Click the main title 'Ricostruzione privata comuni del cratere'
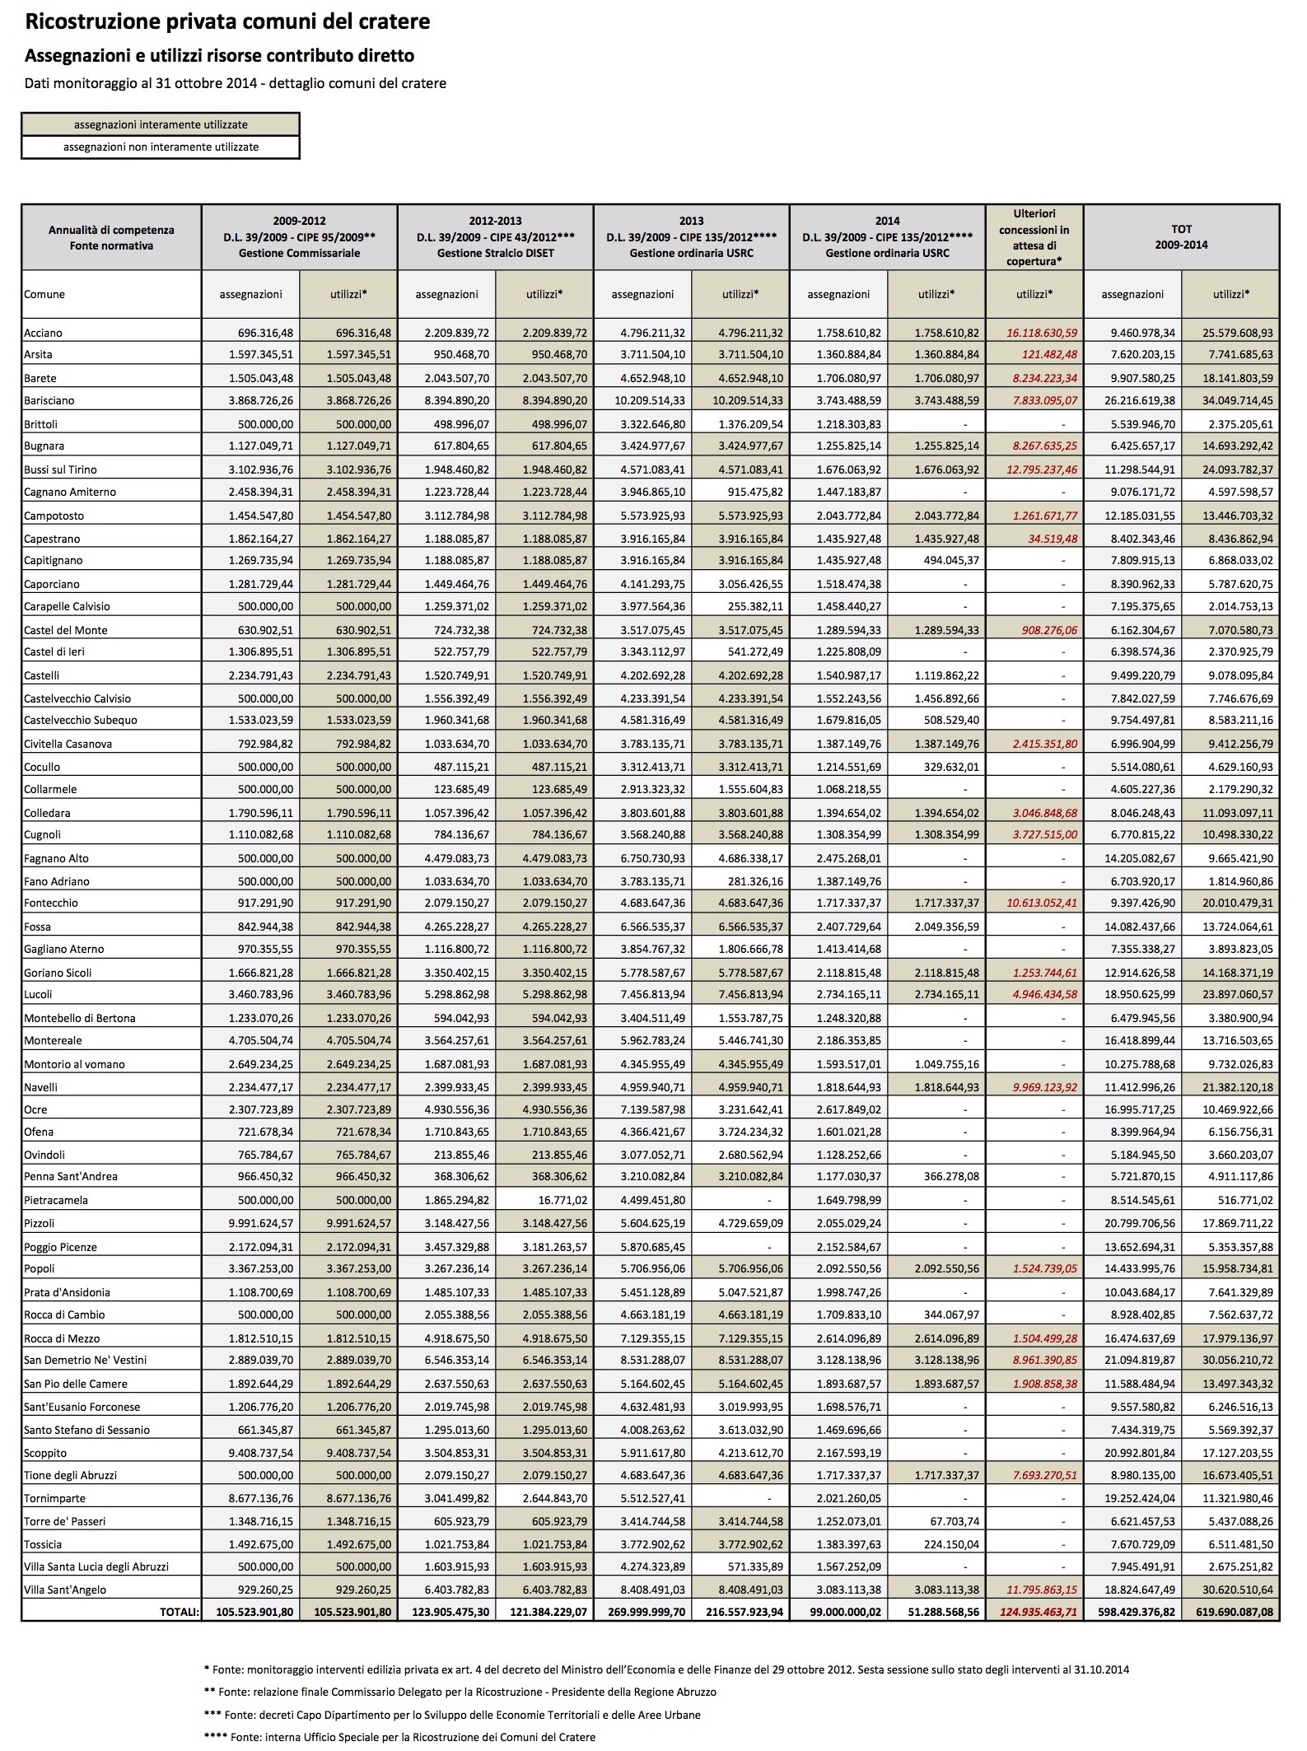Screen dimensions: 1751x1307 (x=227, y=22)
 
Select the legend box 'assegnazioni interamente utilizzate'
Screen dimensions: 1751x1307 (x=161, y=125)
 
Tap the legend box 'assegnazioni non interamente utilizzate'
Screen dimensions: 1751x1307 (x=161, y=147)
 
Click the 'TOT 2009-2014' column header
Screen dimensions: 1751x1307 (x=1181, y=237)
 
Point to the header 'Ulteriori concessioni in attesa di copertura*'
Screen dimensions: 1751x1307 (x=1034, y=237)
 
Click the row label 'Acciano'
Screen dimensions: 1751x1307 (x=44, y=334)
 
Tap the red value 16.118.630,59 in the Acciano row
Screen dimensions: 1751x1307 (x=1042, y=334)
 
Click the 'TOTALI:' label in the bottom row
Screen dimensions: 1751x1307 (x=180, y=1612)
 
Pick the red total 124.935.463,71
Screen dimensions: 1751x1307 (x=1038, y=1612)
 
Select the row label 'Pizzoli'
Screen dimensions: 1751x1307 (x=40, y=1224)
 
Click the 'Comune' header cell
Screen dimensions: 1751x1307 (x=44, y=295)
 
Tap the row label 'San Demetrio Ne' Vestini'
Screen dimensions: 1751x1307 (x=86, y=1361)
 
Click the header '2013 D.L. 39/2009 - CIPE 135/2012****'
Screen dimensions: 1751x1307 (x=691, y=237)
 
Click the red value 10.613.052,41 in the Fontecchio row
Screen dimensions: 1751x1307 (x=1042, y=904)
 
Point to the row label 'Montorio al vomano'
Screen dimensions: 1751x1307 (x=75, y=1064)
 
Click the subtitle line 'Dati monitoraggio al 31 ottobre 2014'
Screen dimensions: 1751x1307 (x=236, y=83)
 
